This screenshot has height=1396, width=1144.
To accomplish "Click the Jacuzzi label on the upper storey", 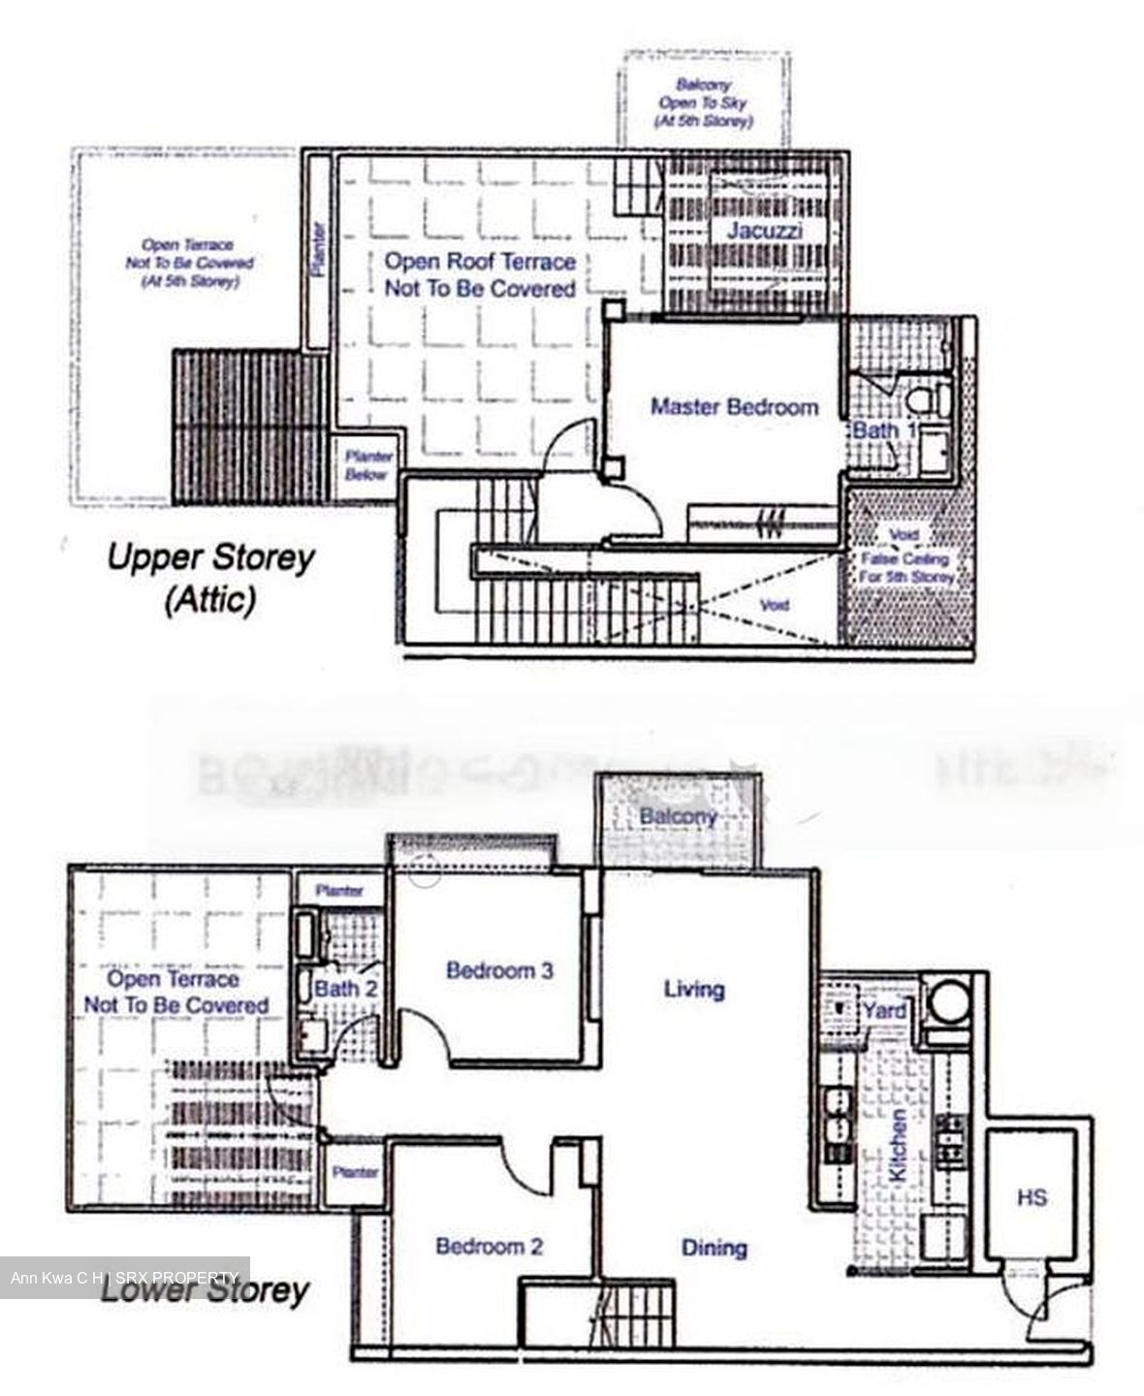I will click(764, 232).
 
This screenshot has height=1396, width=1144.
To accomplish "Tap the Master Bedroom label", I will click(734, 407).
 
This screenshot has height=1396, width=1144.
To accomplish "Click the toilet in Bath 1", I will click(930, 398).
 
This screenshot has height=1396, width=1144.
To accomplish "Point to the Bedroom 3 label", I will click(499, 970).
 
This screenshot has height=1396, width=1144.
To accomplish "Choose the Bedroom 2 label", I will click(489, 1247).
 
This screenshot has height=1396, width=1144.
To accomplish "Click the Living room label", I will click(694, 990).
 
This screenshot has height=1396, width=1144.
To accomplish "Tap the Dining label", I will click(715, 1248).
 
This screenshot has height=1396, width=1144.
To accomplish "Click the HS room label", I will click(1032, 1198).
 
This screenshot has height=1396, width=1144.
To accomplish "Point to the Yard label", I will click(884, 1011).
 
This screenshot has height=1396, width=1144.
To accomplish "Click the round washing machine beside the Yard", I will click(947, 999).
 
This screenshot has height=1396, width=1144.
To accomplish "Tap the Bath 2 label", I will click(345, 990).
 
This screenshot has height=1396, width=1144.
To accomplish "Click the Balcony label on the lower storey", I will click(678, 817).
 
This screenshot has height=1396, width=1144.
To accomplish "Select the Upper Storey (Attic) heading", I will click(210, 579).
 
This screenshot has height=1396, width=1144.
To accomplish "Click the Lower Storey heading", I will click(205, 1291).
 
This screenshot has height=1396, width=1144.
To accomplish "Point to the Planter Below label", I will click(368, 465).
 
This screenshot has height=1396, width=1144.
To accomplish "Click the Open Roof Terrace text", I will click(480, 274).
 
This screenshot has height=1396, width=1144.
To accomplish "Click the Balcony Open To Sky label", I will click(704, 103).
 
